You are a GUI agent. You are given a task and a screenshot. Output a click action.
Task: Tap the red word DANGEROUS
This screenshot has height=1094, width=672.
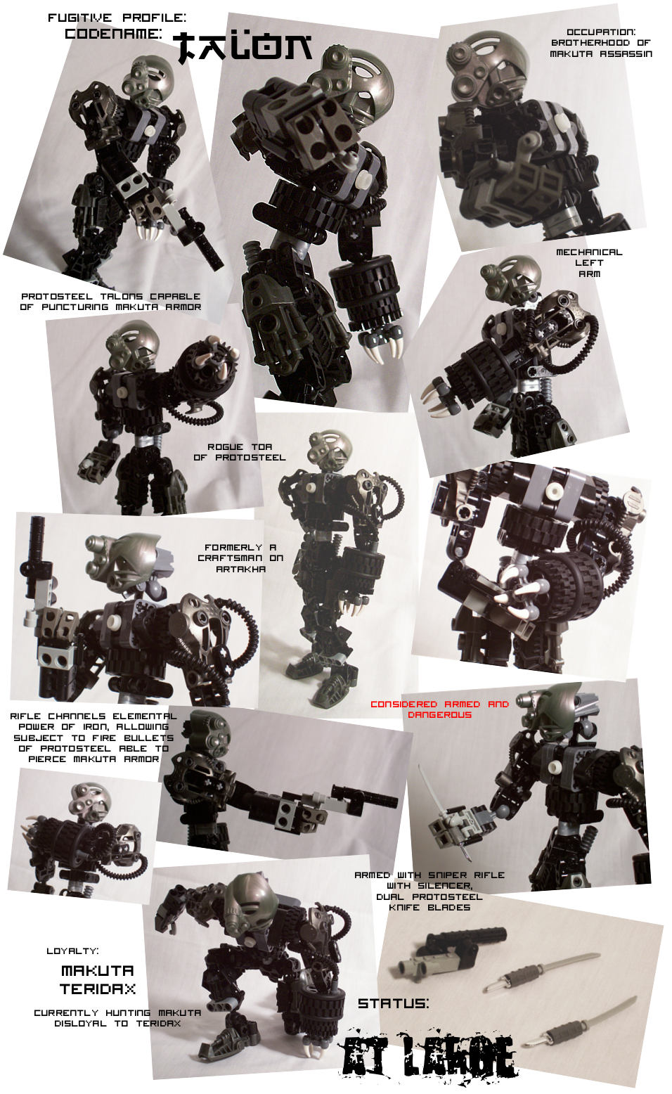439,715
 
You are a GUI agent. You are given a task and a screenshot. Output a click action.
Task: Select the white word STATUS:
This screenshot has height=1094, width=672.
393,1003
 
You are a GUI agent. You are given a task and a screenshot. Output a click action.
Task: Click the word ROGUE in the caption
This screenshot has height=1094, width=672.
225,446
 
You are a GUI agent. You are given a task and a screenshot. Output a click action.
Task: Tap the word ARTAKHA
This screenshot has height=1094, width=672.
240,569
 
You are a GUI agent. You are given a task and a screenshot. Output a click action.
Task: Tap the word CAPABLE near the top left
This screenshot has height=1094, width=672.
175,296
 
